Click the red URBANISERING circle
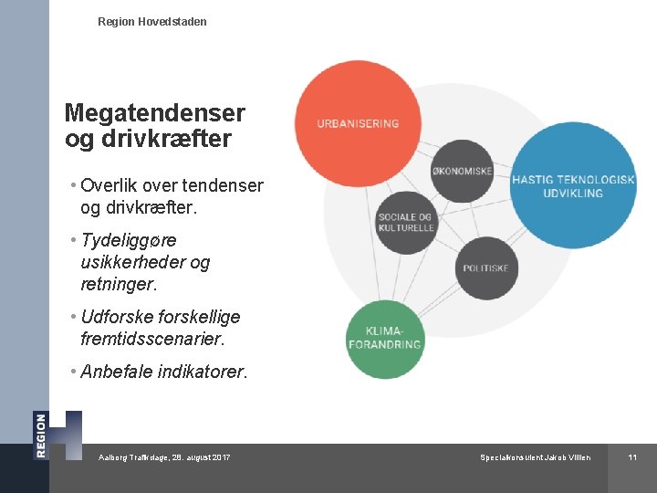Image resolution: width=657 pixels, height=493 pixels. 358,122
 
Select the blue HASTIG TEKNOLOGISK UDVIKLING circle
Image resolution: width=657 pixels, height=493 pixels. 573,185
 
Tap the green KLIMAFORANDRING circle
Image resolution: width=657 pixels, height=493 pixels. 385,339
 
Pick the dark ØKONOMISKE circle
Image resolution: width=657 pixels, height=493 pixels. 462,171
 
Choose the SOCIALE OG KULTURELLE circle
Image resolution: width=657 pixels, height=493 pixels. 406,222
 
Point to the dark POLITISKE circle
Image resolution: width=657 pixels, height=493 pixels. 485,268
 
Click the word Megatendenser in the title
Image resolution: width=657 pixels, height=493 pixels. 155,113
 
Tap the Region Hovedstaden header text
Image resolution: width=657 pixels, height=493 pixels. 151,21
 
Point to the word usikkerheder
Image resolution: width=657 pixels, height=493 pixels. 133,262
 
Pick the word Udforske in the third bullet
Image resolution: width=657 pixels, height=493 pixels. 116,317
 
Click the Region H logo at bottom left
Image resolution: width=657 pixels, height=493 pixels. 57,435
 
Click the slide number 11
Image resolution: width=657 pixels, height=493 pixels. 631,456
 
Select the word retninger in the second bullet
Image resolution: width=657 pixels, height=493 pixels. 118,284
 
